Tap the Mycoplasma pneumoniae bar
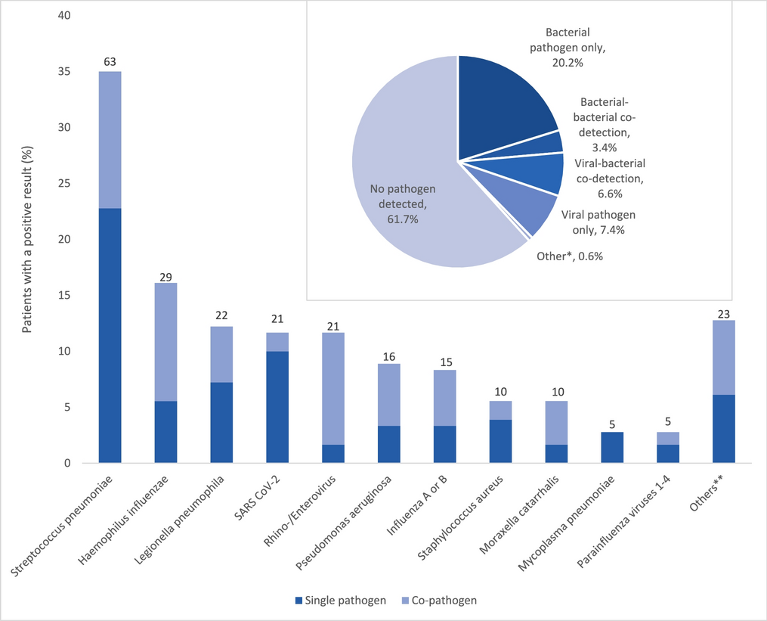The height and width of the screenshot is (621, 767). [612, 447]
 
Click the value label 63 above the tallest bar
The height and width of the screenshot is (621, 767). [110, 62]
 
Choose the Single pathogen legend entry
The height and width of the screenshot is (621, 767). [339, 601]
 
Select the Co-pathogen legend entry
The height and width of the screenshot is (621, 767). [442, 601]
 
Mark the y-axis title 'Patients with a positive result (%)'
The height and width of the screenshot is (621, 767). [26, 240]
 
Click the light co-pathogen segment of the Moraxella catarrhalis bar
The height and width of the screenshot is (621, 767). [556, 423]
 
